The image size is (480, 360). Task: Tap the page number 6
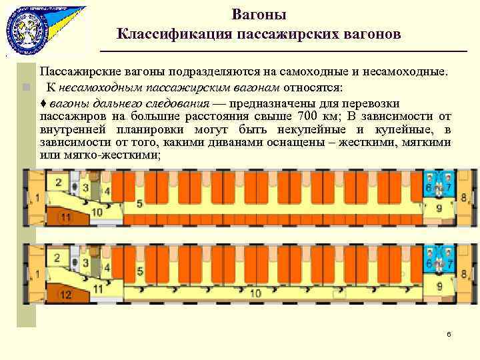pyautogui.click(x=449, y=334)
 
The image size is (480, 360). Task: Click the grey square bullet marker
pyautogui.click(x=25, y=87)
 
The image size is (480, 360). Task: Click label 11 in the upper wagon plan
pyautogui.click(x=66, y=217)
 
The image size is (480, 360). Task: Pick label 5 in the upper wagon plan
pyautogui.click(x=139, y=203)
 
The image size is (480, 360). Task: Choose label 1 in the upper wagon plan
pyautogui.click(x=39, y=198)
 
